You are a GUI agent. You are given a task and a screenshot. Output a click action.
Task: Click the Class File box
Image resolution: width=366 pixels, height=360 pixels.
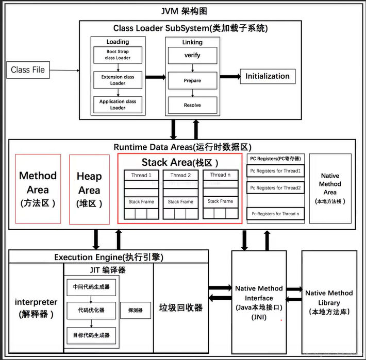coord(28,70)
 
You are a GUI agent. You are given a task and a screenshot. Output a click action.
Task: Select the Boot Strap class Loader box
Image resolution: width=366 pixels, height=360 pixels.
coord(118,55)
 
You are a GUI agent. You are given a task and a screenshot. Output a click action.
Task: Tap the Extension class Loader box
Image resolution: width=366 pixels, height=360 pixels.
coord(118,80)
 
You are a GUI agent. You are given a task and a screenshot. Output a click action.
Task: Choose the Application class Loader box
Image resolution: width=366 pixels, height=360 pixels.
coord(118,105)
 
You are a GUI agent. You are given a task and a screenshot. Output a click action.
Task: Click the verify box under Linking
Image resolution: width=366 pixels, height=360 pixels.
coord(192,55)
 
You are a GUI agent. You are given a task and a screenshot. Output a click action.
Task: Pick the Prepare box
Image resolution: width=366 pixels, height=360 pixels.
coord(192,80)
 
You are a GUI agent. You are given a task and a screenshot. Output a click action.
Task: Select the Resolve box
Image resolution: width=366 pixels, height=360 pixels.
coord(192,105)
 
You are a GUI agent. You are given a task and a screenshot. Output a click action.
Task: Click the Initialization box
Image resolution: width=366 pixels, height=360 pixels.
coord(268,76)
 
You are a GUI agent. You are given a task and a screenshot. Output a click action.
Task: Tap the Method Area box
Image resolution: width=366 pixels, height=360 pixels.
coord(38,189)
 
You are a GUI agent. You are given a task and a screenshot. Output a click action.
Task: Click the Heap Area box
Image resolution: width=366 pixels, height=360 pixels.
coord(89,189)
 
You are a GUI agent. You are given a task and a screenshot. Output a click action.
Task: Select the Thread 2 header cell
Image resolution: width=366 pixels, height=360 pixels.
coord(180,175)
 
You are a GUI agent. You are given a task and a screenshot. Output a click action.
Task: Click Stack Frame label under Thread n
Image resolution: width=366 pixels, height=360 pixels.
coord(220,201)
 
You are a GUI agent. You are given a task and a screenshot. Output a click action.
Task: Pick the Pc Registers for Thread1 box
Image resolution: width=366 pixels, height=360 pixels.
coord(275,170)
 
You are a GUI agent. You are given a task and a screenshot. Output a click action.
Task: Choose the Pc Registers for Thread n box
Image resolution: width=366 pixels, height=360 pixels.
coord(275,214)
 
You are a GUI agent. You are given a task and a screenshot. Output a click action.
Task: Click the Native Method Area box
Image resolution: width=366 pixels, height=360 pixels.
coord(330,188)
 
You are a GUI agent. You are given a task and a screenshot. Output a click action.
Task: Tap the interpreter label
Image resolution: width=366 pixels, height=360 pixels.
coord(36,307)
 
